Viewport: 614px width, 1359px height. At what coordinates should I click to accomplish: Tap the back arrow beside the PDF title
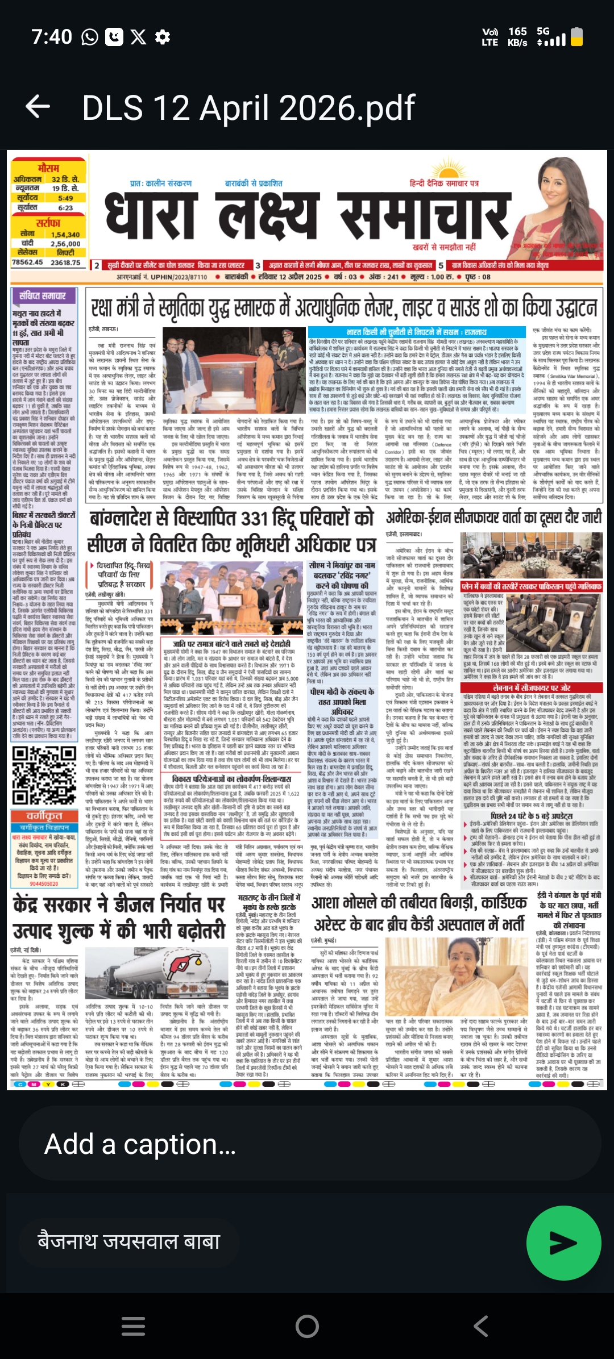pos(38,107)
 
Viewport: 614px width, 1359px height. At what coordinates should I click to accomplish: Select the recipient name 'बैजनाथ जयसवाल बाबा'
pos(129,1240)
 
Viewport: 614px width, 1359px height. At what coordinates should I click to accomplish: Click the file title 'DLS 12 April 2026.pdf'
pos(248,107)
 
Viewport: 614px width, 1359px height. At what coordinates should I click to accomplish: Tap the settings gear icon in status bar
pos(163,37)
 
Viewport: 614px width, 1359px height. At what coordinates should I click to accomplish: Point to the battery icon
pos(576,37)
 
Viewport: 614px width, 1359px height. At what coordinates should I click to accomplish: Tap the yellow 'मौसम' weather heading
pos(49,168)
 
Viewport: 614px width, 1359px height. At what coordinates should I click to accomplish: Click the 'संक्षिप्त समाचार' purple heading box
pos(43,296)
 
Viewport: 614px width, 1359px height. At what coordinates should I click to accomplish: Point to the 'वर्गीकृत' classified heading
pos(44,816)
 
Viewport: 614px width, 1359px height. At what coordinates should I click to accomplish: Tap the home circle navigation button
pos(307,1326)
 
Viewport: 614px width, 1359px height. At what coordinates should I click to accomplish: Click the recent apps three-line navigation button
pos(133,1326)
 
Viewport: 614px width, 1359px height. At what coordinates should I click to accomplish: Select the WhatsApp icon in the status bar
pos(90,37)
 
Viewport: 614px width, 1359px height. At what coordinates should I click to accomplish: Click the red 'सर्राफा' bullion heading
pos(49,223)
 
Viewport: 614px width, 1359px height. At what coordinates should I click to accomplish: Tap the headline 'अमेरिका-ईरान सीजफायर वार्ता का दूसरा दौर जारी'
pos(493,518)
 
